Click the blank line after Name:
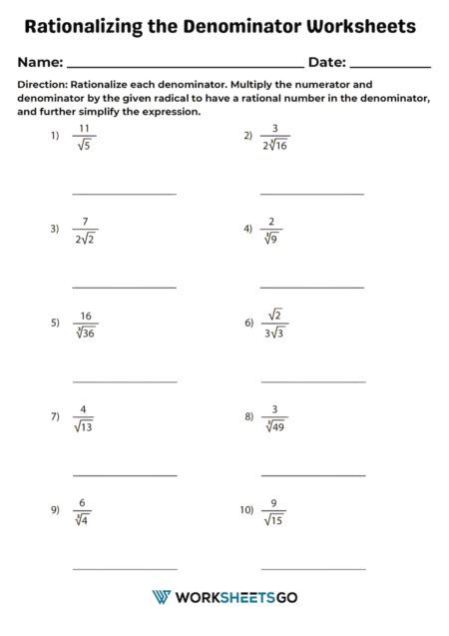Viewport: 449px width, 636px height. [185, 64]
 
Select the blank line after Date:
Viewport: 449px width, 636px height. [390, 64]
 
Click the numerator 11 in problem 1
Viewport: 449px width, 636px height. [85, 129]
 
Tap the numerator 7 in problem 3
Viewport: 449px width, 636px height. [86, 222]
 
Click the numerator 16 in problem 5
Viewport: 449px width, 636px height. [86, 317]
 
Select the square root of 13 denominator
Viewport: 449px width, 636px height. [85, 426]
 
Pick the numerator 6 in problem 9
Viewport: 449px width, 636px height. [85, 502]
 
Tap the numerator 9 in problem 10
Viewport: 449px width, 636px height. [274, 502]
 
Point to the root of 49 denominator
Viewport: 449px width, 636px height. [273, 426]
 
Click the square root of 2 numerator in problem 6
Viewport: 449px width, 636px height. [275, 316]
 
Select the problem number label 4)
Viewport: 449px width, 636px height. [248, 228]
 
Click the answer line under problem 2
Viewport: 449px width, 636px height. [311, 193]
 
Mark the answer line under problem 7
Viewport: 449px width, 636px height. [125, 475]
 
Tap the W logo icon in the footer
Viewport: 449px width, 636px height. [161, 597]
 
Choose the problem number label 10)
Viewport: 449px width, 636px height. [245, 509]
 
